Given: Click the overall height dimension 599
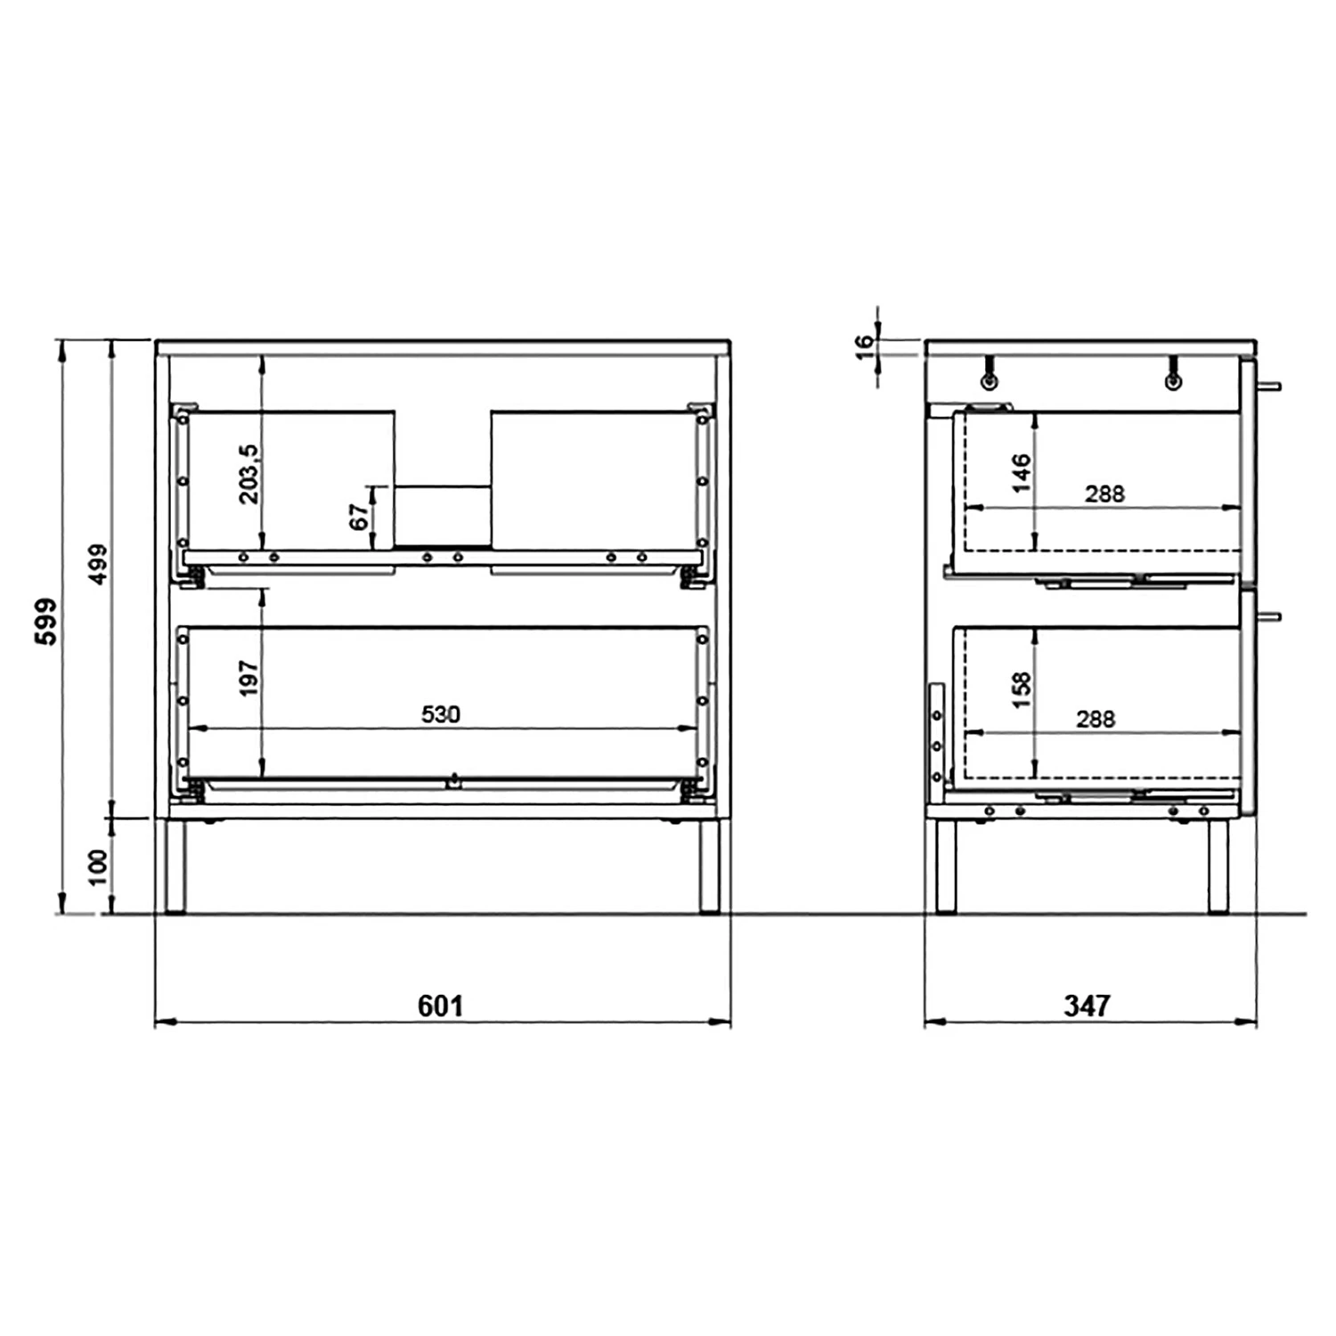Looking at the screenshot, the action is pyautogui.click(x=45, y=621).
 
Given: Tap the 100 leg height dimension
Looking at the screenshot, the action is pyautogui.click(x=98, y=867).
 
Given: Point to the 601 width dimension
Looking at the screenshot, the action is pyautogui.click(x=441, y=1006).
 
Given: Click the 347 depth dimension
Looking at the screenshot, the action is pyautogui.click(x=1087, y=1006).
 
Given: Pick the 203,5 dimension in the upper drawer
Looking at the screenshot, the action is pyautogui.click(x=249, y=474).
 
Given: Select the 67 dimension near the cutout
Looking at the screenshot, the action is pyautogui.click(x=359, y=516).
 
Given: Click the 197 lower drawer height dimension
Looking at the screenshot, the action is pyautogui.click(x=249, y=678).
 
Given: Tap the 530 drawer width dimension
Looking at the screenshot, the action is pyautogui.click(x=441, y=714).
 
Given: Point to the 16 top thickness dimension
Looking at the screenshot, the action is pyautogui.click(x=865, y=346).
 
